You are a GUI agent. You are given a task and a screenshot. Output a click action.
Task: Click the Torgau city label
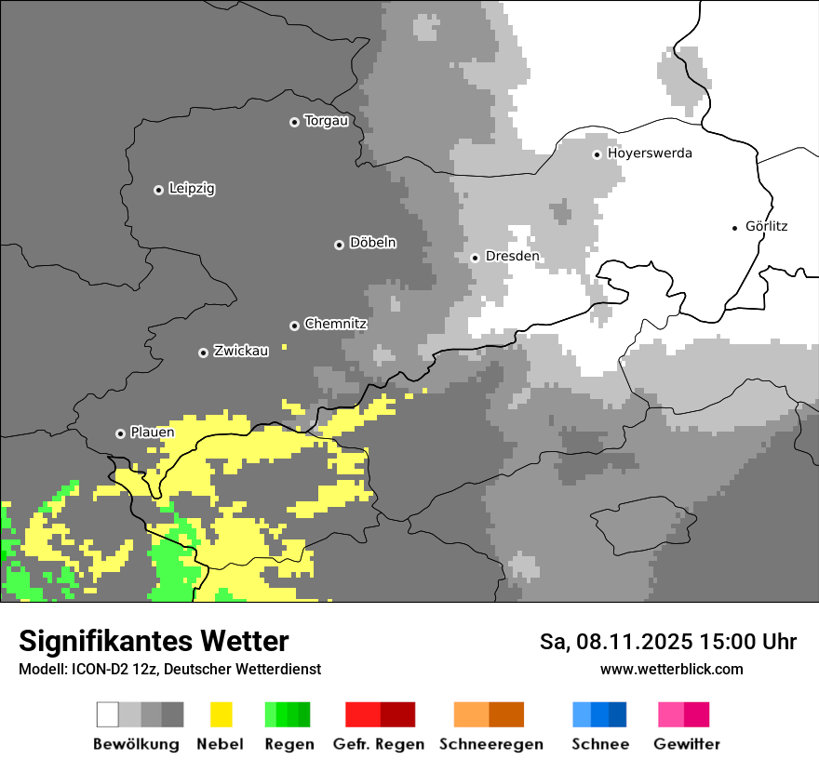(327, 121)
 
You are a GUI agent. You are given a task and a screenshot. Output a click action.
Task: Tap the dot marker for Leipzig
(158, 190)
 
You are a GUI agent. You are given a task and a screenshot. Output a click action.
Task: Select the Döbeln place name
(372, 243)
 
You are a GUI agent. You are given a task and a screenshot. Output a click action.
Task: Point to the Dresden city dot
(475, 258)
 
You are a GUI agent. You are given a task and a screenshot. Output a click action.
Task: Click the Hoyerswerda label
(650, 153)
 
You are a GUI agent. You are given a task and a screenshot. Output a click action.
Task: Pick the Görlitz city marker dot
(735, 228)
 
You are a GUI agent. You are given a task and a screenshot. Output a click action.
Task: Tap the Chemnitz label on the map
(335, 325)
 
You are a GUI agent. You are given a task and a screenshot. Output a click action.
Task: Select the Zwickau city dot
(203, 353)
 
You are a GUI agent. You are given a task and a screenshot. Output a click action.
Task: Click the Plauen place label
(153, 433)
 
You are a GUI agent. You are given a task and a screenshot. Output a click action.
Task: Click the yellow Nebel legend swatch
(221, 714)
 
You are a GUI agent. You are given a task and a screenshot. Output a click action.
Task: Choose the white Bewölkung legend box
(108, 714)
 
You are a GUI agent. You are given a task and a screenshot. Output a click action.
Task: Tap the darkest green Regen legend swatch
(303, 714)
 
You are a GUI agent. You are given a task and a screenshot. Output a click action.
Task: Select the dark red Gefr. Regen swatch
(397, 714)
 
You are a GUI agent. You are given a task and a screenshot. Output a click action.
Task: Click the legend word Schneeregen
(490, 744)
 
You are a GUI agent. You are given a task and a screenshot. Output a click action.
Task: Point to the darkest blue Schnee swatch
(618, 714)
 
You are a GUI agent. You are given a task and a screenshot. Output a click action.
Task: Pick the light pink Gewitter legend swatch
(671, 714)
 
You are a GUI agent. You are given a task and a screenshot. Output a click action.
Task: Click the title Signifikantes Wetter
(154, 641)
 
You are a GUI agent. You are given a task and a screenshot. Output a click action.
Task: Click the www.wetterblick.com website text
(671, 669)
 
